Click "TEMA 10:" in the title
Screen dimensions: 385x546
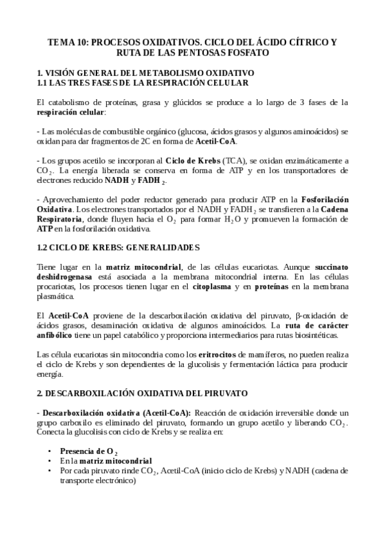68,42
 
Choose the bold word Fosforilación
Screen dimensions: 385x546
319,200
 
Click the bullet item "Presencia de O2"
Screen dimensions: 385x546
89,452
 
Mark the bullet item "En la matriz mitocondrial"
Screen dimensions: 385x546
106,462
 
